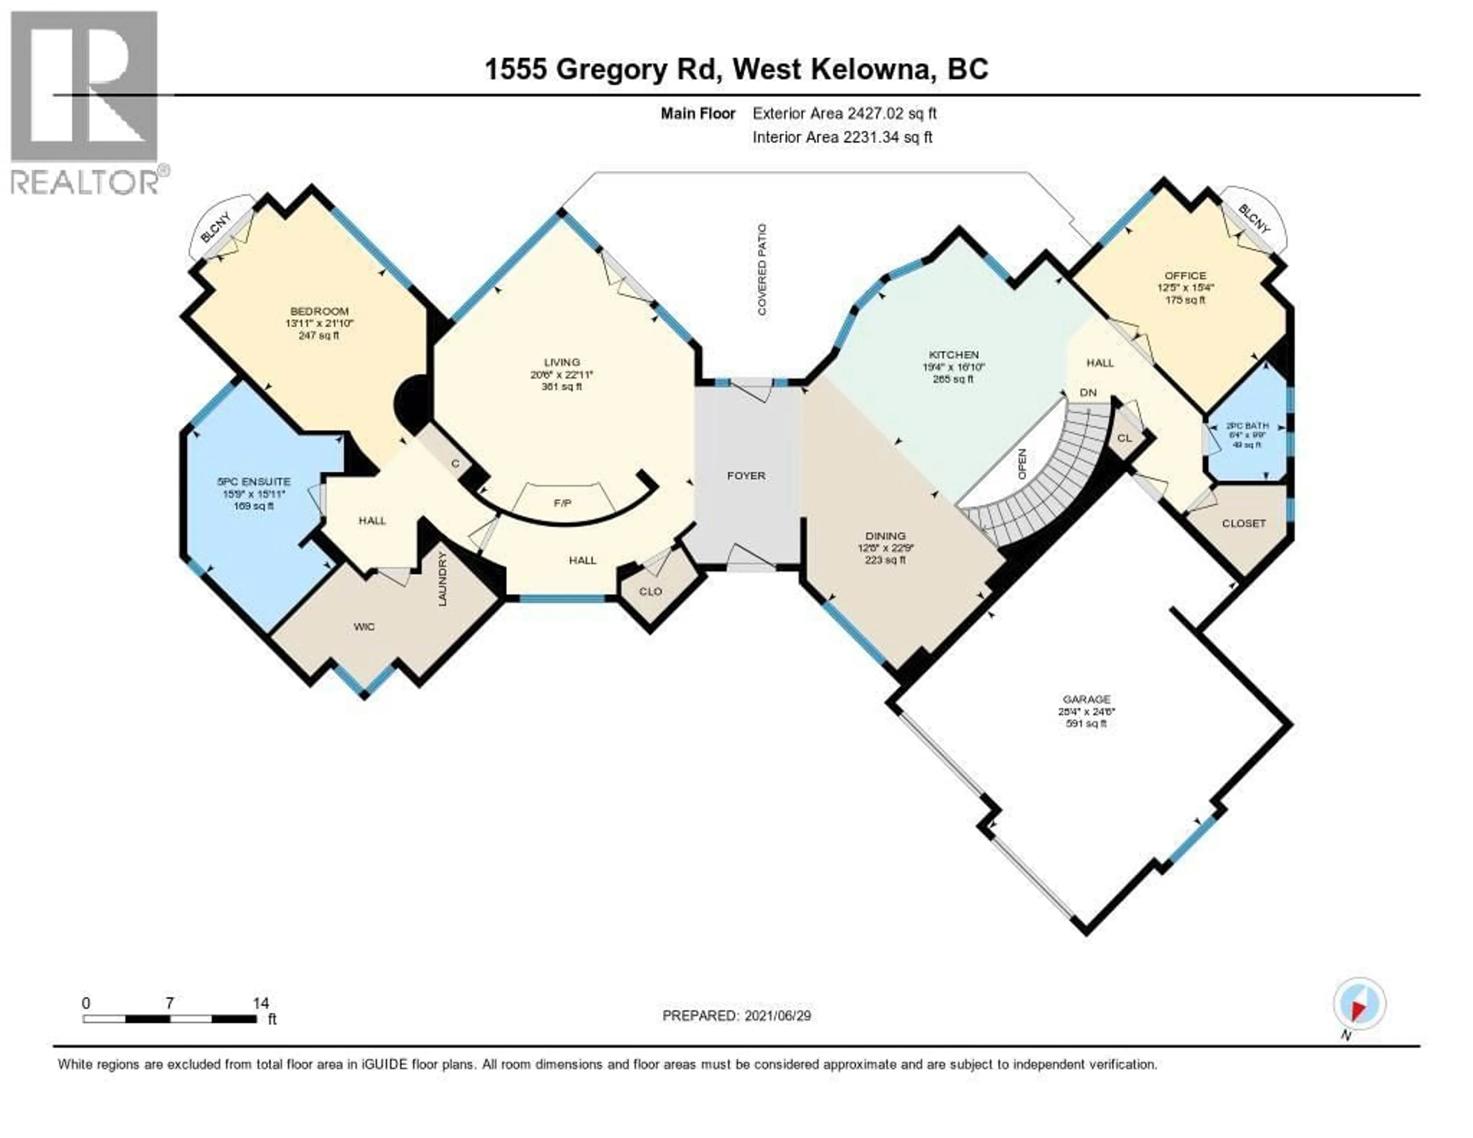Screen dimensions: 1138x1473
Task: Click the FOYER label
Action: tap(746, 475)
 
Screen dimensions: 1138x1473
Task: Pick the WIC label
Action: tap(364, 627)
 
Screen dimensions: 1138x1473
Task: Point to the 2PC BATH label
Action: tap(1247, 426)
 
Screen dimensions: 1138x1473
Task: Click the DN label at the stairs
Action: tap(1088, 393)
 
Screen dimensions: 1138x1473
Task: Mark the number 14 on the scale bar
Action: tap(260, 1003)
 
